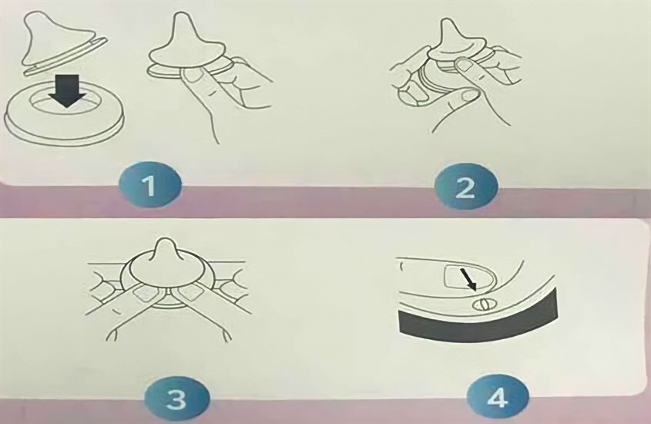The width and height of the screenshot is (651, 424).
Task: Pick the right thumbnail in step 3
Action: [x=186, y=294]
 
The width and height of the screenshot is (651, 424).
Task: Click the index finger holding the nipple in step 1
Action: [x=193, y=77]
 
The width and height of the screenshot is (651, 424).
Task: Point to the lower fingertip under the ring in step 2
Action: [x=466, y=96]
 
